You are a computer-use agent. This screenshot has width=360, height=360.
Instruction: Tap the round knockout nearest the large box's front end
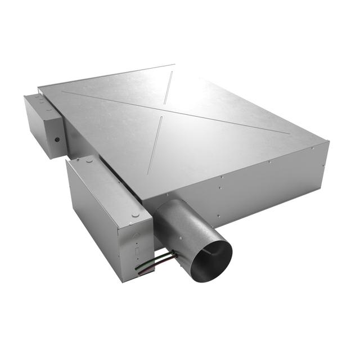click(x=134, y=214)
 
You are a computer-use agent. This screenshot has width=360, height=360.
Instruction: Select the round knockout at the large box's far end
click(x=87, y=160)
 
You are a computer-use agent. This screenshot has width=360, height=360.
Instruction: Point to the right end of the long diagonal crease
click(x=289, y=133)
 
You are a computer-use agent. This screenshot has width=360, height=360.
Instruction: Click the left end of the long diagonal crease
click(x=62, y=91)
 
